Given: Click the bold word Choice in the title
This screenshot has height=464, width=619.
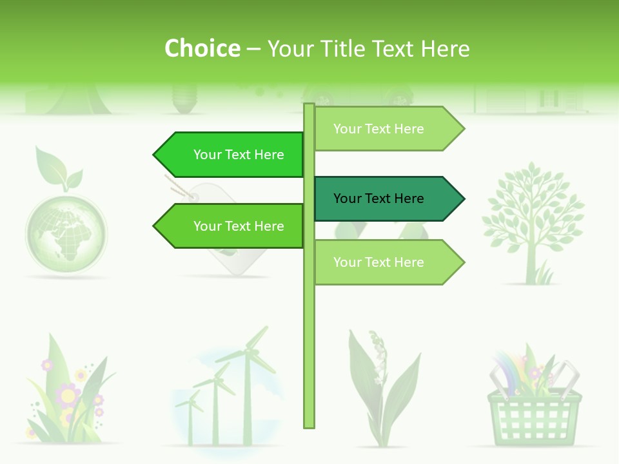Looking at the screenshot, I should tap(202, 49).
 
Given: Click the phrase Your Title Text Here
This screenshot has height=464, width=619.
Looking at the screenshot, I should tap(368, 49).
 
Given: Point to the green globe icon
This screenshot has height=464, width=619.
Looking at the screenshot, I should tap(66, 228).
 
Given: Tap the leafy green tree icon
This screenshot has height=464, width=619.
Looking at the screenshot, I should tap(533, 213).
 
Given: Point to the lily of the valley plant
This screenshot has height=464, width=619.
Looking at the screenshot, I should tap(380, 387).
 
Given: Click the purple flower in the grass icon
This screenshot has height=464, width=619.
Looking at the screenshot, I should tap(67, 394).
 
